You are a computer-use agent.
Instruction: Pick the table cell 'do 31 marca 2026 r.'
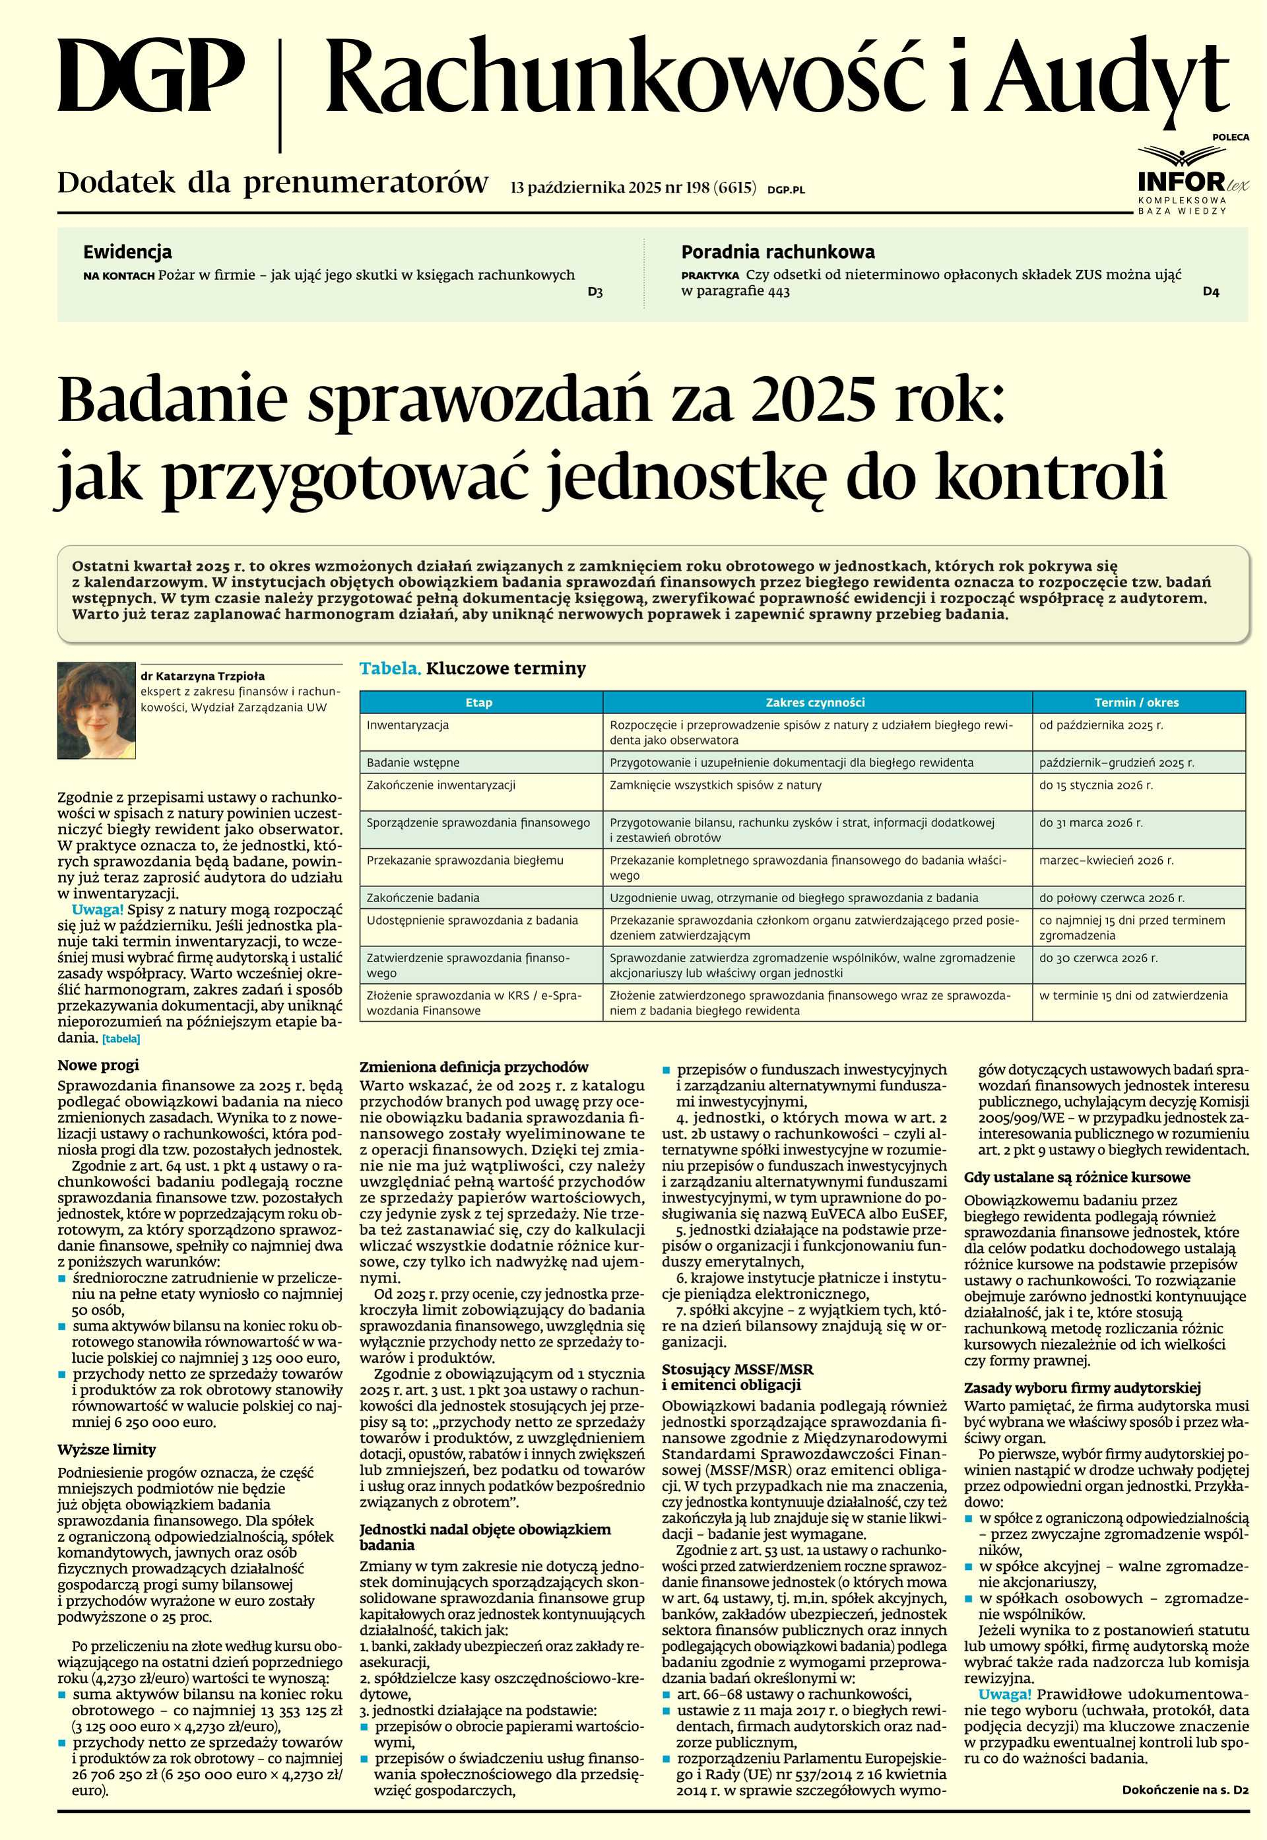click(1091, 823)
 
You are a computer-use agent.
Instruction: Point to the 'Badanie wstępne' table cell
click(413, 763)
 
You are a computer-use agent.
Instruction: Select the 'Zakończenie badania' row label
click(422, 898)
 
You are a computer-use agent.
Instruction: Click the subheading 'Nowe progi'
click(98, 1065)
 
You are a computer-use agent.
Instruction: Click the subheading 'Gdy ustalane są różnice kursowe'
click(1076, 1177)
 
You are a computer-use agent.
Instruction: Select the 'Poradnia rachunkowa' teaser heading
click(777, 252)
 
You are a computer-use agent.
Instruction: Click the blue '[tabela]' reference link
click(121, 1038)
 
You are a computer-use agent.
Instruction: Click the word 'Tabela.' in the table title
click(390, 669)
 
